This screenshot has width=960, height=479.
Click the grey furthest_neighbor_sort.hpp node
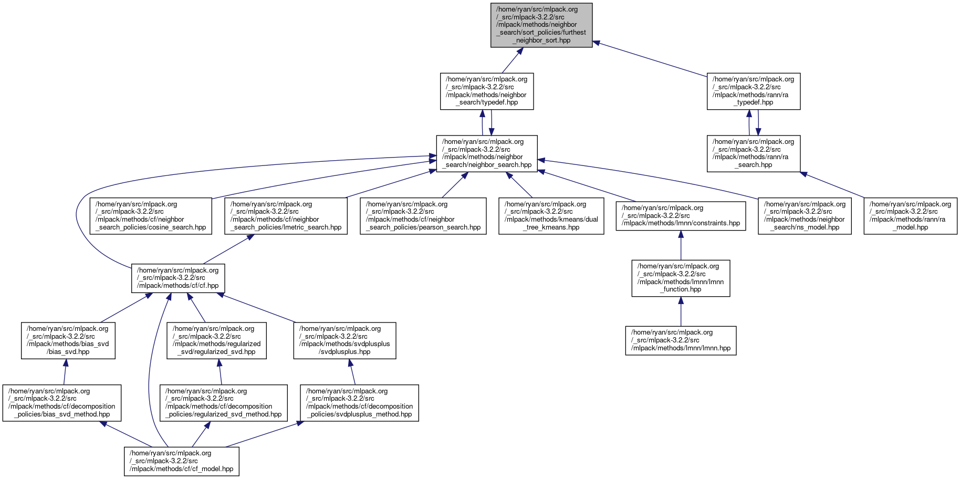coord(541,25)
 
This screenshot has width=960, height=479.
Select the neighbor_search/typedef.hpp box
coord(487,91)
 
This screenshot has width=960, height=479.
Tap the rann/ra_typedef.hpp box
coord(753,91)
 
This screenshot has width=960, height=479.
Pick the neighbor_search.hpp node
coord(487,153)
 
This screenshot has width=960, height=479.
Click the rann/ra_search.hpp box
coord(753,153)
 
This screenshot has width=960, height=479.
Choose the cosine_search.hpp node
coord(151,216)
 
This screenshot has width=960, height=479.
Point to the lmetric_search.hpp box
coord(286,216)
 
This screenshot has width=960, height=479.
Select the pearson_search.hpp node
coord(423,216)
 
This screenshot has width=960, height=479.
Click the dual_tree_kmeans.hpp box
coord(551,216)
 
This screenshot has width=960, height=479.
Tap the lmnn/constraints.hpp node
coord(681,216)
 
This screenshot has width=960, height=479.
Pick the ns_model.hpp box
coord(805,216)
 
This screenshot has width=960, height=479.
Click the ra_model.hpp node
coord(910,216)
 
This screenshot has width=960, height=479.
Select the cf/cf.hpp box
coord(178,278)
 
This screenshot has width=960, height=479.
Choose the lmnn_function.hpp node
coord(681,278)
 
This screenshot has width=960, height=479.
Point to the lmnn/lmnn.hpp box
coord(681,340)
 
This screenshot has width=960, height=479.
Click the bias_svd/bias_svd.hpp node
coord(68,340)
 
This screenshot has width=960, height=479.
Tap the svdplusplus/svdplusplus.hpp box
coord(345,340)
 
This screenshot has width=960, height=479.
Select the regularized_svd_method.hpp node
coord(224,403)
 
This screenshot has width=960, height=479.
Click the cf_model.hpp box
coord(181,461)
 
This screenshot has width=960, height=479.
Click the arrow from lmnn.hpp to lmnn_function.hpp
coord(681,312)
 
